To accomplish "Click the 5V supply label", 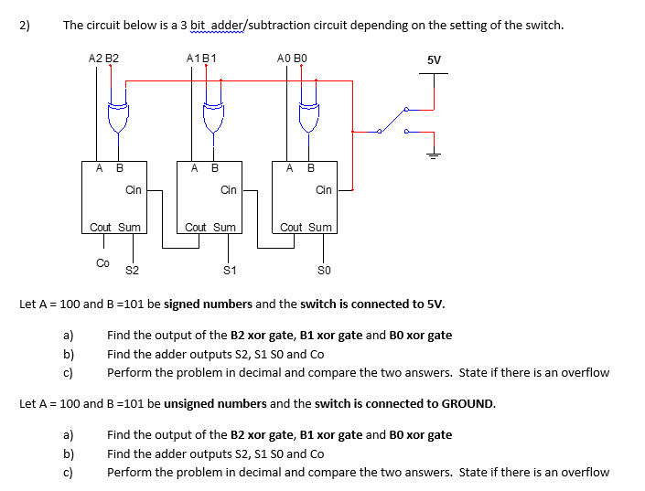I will click(x=434, y=60).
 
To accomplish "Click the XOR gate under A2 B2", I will click(x=118, y=116).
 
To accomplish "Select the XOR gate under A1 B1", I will click(x=212, y=116).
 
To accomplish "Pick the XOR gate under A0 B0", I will click(x=307, y=116).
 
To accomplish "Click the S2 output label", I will click(x=132, y=270).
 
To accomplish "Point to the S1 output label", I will click(x=230, y=270).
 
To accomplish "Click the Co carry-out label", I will click(x=102, y=263).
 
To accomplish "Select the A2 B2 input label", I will click(x=103, y=59).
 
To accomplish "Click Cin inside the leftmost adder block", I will click(x=134, y=190).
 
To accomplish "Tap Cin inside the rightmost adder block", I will click(x=323, y=190).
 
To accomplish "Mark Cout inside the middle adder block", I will click(x=196, y=227).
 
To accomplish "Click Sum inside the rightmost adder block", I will click(x=320, y=227).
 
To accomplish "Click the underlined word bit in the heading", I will click(x=200, y=25).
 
